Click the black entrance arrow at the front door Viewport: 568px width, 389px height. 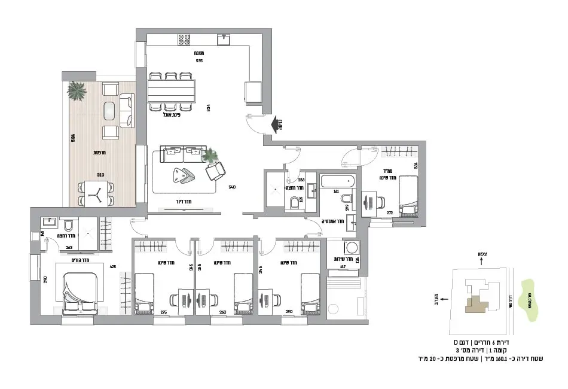click(x=277, y=124)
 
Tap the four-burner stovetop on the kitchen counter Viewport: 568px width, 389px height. click(x=184, y=40)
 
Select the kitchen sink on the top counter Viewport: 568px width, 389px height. click(x=225, y=39)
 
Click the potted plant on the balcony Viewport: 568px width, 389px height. click(x=76, y=91)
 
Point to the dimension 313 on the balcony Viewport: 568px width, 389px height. click(x=101, y=175)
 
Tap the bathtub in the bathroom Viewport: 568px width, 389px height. click(x=338, y=181)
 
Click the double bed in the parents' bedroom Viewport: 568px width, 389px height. click(x=80, y=291)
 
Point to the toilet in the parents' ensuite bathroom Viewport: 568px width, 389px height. click(x=68, y=225)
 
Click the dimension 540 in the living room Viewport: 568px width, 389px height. click(x=232, y=187)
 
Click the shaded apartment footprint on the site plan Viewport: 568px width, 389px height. click(x=477, y=304)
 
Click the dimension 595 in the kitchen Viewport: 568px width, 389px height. click(x=199, y=60)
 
